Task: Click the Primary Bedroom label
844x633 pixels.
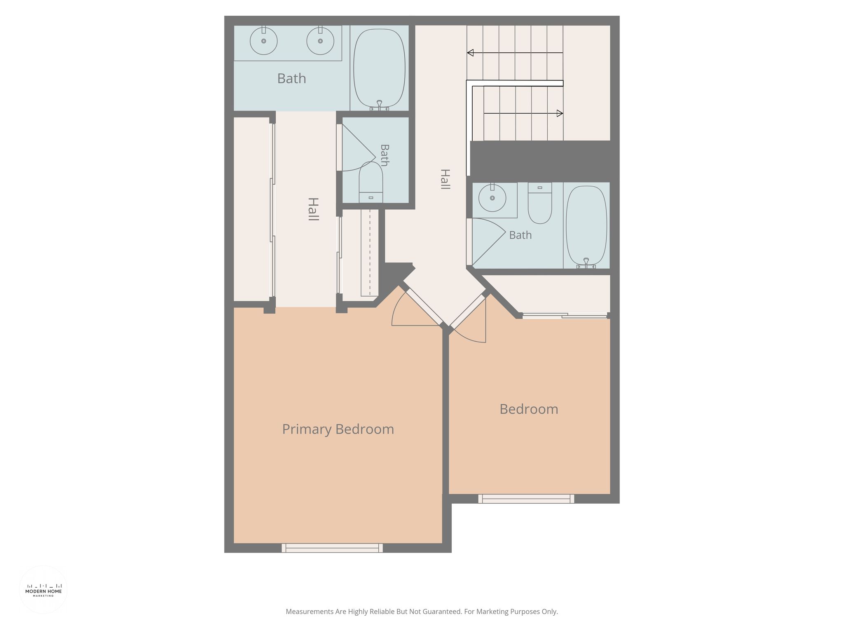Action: tap(338, 429)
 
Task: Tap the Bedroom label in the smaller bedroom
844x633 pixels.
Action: tap(529, 409)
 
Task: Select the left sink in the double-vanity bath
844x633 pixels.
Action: tap(264, 41)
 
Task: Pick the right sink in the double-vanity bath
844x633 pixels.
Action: tap(320, 41)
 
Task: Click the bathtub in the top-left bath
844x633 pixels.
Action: tap(379, 68)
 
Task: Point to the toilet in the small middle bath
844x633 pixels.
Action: tap(371, 182)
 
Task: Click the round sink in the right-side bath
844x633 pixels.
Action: tap(492, 197)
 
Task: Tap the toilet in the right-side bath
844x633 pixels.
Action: tap(540, 203)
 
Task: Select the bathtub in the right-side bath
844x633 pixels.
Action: tap(586, 226)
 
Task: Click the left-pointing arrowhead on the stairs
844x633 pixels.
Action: tap(470, 53)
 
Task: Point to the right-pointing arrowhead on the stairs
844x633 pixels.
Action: tap(560, 113)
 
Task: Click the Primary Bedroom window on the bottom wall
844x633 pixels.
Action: tap(332, 548)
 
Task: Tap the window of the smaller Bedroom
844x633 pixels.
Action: tap(526, 499)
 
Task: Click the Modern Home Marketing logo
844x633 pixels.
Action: tap(44, 590)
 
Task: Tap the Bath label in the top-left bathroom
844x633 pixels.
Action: tap(292, 78)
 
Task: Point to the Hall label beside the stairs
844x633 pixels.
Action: tap(445, 179)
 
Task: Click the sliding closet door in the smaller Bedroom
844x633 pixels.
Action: tap(565, 316)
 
